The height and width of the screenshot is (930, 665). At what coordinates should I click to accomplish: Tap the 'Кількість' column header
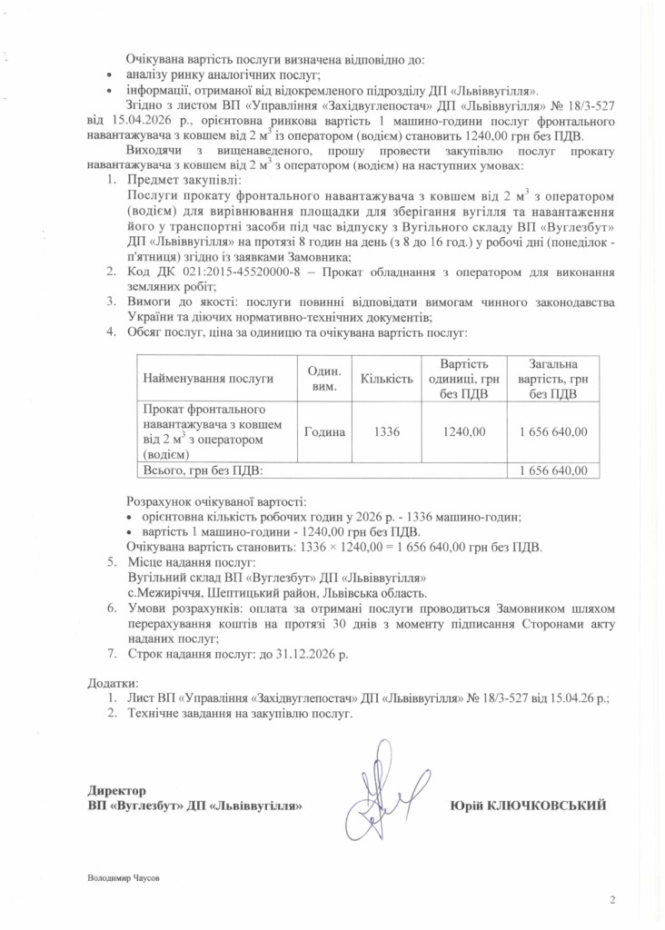[x=387, y=378]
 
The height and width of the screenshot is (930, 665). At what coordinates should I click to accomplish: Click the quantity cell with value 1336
[x=387, y=432]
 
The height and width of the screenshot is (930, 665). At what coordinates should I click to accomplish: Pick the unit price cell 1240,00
[x=463, y=432]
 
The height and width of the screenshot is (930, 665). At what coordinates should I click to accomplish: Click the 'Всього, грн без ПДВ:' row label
[x=202, y=470]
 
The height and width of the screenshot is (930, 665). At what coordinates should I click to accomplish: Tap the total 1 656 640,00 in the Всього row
[x=552, y=470]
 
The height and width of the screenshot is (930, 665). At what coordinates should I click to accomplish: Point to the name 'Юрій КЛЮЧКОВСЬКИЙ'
[x=528, y=806]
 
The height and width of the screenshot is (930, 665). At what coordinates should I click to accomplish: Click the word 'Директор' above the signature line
[x=116, y=791]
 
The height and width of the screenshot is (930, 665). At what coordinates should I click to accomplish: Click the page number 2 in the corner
[x=611, y=900]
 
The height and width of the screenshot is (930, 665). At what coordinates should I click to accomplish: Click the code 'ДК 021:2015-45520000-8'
[x=222, y=272]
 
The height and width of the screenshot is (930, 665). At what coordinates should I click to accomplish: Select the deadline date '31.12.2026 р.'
[x=314, y=653]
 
